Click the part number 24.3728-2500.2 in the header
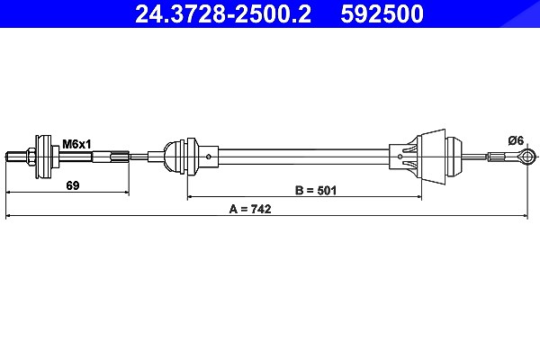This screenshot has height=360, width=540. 223,13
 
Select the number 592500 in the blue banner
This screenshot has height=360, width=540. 382,13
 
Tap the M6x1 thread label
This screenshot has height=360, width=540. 76,144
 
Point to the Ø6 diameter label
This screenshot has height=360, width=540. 516,140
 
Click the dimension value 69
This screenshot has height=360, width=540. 72,185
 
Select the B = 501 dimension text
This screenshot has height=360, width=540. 316,190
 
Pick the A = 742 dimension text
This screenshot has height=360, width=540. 250,209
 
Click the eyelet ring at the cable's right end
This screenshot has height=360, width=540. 526,157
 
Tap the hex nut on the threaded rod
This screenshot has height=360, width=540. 31,157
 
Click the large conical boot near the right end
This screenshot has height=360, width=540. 431,157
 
